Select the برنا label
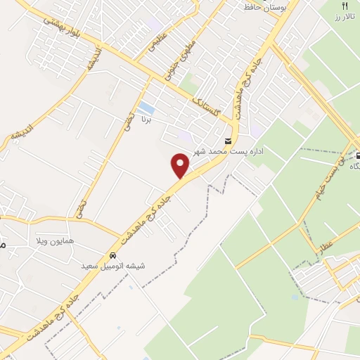point(146,120)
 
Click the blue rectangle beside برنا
point(146,108)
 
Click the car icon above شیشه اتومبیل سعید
point(113,256)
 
